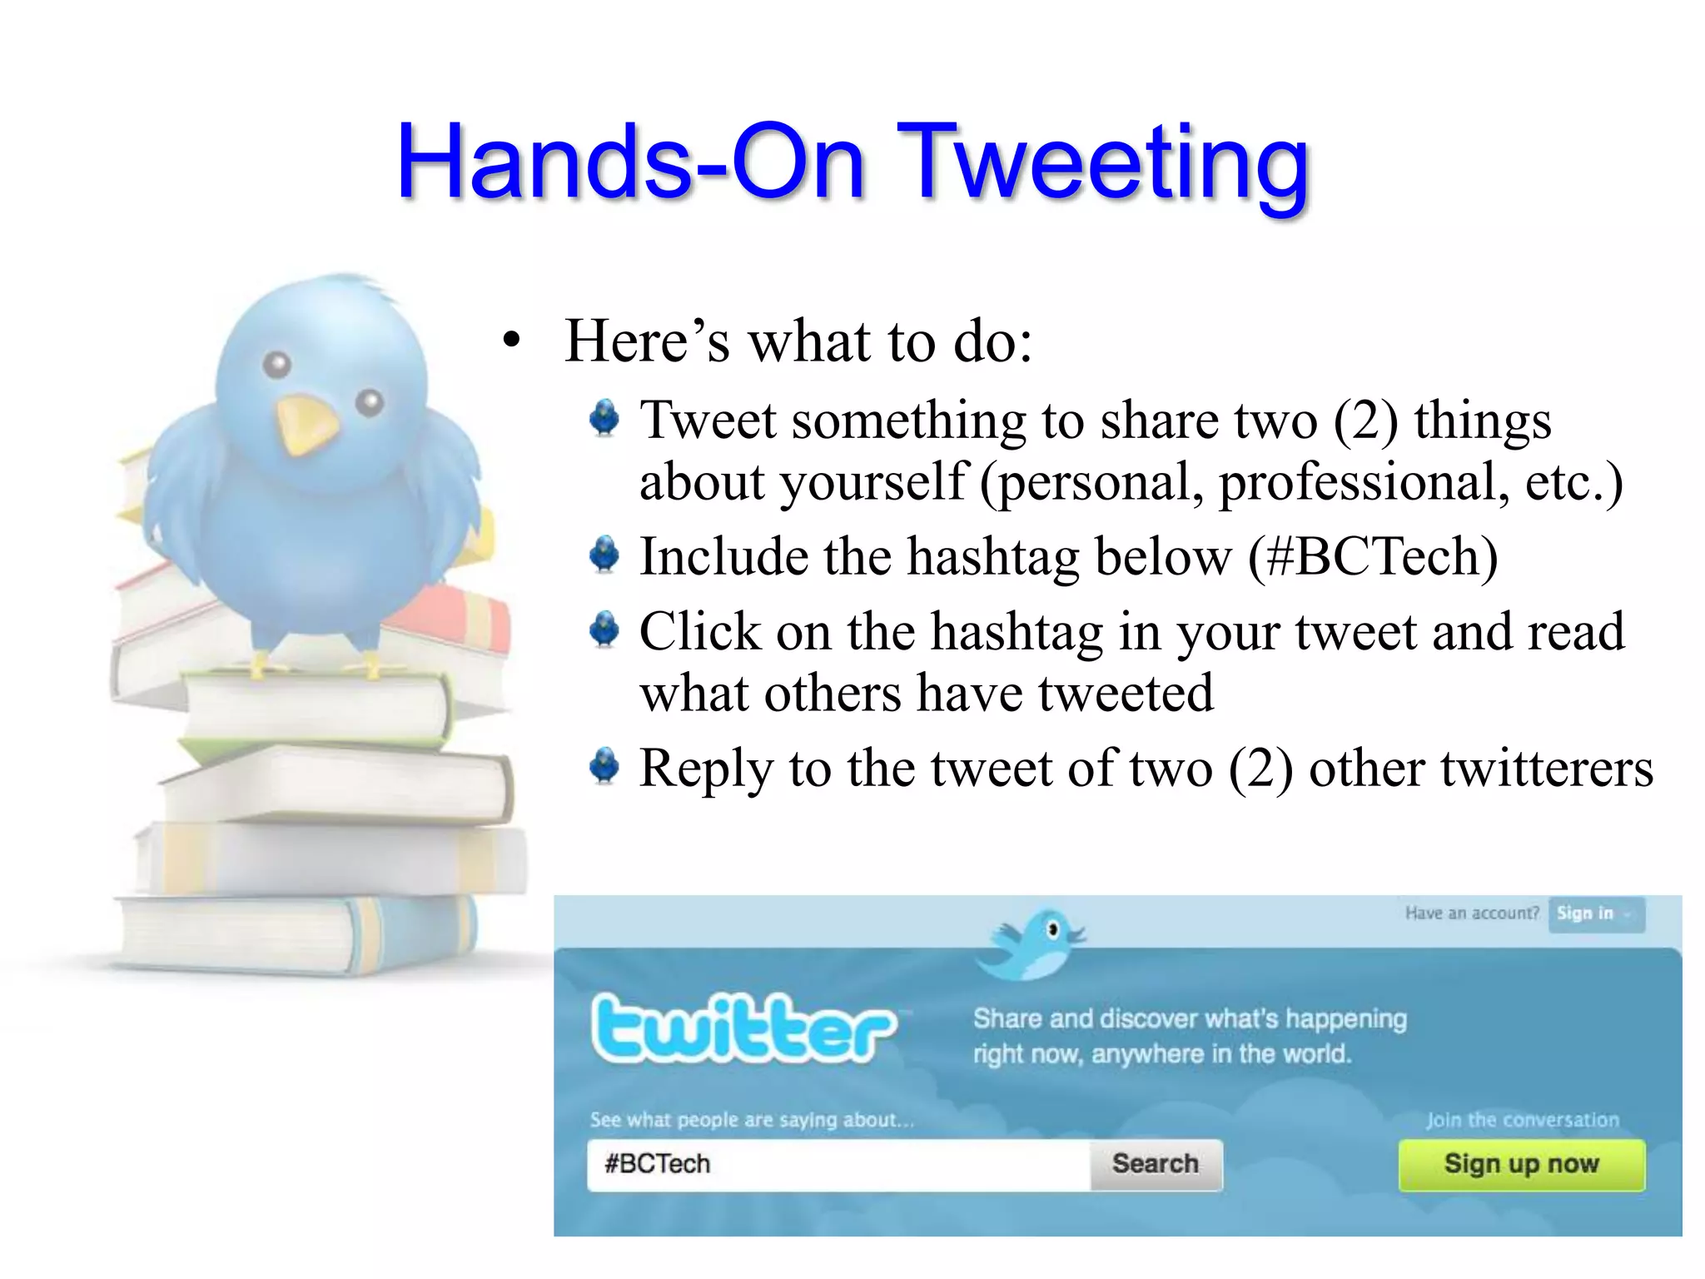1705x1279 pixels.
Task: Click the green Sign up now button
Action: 1521,1164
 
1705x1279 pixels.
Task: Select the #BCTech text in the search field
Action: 658,1164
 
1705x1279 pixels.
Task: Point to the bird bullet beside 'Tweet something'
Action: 604,418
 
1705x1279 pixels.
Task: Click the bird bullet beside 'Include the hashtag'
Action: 604,555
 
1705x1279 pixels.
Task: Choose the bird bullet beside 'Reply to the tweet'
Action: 604,766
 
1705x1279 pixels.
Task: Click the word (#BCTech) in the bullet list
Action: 1373,556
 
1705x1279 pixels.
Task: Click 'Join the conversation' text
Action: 1523,1120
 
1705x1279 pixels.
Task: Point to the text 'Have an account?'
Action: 1472,913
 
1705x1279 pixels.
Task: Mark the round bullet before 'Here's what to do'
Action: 511,341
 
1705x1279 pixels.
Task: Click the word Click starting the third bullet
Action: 699,631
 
